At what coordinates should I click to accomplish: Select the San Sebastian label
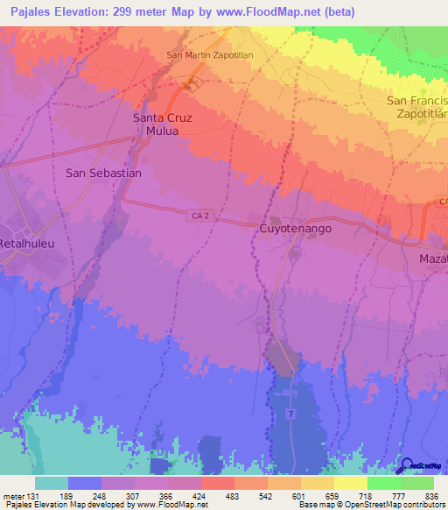click(103, 174)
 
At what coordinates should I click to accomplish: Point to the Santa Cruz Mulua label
click(167, 124)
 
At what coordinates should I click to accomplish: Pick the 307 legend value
click(134, 497)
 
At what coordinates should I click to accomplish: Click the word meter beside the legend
click(12, 497)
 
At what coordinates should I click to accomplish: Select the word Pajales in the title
click(29, 11)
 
